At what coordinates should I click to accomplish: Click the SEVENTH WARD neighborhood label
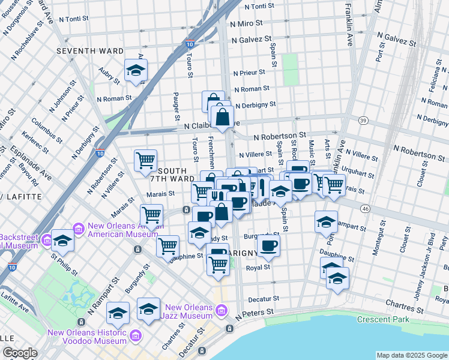pyautogui.click(x=90, y=52)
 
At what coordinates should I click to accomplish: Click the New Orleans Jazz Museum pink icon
pyautogui.click(x=222, y=310)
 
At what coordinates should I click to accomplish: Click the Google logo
pyautogui.click(x=20, y=353)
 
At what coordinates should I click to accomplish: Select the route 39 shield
pyautogui.click(x=363, y=121)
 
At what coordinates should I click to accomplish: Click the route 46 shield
pyautogui.click(x=365, y=208)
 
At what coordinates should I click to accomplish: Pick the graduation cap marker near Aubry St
pyautogui.click(x=136, y=71)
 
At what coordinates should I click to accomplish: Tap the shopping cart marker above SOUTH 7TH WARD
pyautogui.click(x=145, y=161)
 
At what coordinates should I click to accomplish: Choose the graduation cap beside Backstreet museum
pyautogui.click(x=62, y=241)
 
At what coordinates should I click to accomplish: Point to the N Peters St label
pyautogui.click(x=255, y=313)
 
